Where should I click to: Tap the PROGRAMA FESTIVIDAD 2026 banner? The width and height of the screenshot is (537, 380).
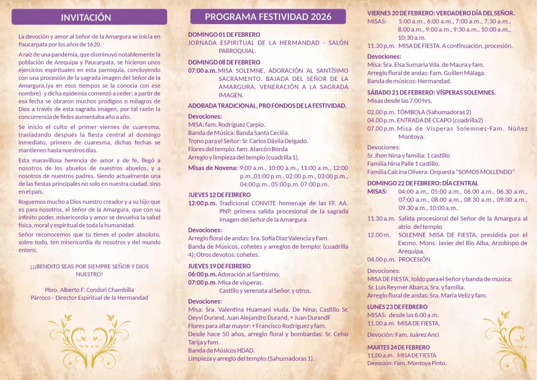coord(268,17)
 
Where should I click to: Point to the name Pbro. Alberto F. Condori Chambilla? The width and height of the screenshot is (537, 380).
coord(90,289)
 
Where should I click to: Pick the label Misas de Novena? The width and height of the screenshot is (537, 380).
coord(212,168)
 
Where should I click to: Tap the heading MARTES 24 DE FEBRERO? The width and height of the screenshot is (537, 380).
coord(398,347)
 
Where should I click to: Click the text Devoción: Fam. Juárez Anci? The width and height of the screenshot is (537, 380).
coord(403,334)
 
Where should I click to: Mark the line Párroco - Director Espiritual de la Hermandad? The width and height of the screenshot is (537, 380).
coord(90,298)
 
